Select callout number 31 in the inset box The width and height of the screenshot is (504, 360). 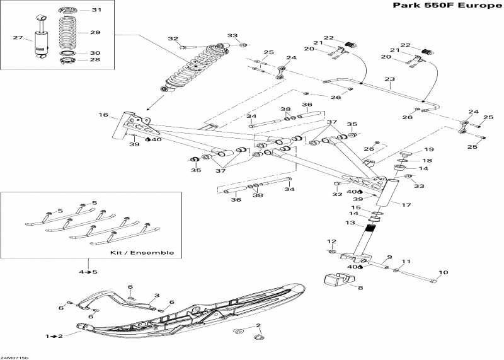coord(95,11)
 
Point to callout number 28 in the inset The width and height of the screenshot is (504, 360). coord(95,61)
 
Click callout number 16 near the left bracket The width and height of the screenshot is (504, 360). coord(103,115)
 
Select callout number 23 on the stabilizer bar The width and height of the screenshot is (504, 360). coord(389,79)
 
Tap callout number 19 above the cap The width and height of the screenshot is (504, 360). coord(428,149)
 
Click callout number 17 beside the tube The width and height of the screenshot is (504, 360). coord(406,204)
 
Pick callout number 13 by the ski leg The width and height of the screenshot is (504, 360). coord(350,223)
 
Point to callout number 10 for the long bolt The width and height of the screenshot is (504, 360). coord(443,272)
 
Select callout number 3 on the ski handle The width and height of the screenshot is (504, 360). coord(157,295)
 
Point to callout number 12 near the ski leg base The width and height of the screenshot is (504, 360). coord(331,241)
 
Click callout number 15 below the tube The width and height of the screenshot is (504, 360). coord(356,207)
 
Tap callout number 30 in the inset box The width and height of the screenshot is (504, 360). coord(95,53)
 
